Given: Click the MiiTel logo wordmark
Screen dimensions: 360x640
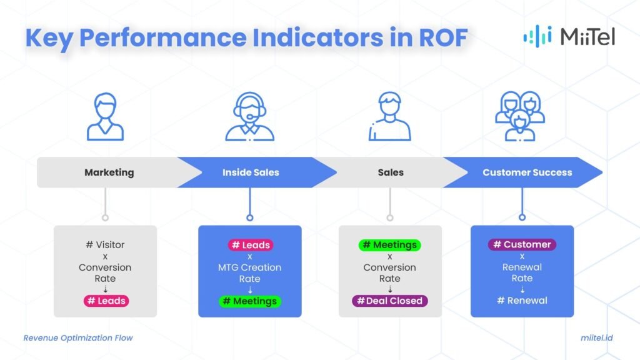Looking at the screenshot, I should [x=587, y=37].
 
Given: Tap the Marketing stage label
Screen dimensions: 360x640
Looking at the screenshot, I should [x=109, y=172].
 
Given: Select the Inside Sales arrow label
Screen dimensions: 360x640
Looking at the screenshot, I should [x=251, y=172].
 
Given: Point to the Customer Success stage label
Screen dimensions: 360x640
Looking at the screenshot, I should [x=527, y=172].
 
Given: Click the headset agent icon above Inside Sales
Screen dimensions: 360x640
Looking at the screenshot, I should [x=249, y=117].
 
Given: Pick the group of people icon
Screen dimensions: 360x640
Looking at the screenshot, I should [x=519, y=117].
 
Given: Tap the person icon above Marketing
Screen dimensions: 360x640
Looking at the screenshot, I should [x=105, y=117].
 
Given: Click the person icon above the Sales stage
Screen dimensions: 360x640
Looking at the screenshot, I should [x=390, y=117].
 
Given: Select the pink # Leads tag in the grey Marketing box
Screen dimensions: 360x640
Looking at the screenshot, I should [x=105, y=301].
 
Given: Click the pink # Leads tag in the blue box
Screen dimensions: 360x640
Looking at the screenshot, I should [x=250, y=245].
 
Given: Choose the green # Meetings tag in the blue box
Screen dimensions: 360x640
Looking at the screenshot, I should [x=250, y=301].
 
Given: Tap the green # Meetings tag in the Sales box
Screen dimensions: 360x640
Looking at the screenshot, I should [x=390, y=245].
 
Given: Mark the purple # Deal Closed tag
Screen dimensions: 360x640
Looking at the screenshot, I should [x=390, y=301].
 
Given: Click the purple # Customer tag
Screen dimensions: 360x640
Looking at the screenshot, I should [x=522, y=244].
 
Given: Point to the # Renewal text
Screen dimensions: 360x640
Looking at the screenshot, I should [x=522, y=301].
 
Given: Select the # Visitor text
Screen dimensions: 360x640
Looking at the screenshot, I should [x=105, y=245].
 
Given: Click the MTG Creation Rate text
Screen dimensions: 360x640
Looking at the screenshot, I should [x=250, y=273].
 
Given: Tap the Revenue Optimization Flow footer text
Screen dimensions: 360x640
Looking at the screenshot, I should [x=78, y=338].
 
